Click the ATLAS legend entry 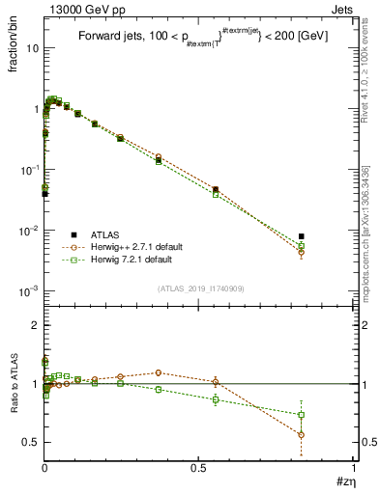click(x=106, y=234)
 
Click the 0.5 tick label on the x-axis click(x=199, y=467)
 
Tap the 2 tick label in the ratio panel click(x=35, y=326)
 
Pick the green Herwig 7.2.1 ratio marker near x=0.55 click(x=216, y=398)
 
